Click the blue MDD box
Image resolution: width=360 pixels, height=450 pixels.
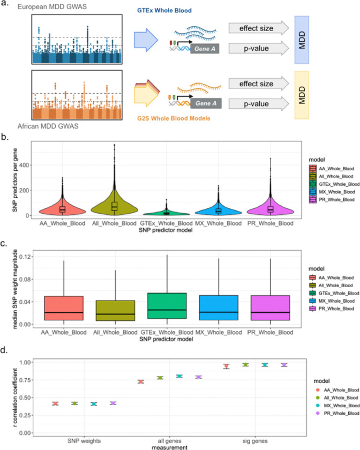click(302, 40)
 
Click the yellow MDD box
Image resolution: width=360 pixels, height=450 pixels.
click(302, 95)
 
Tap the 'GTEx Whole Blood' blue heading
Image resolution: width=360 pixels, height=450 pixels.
click(164, 11)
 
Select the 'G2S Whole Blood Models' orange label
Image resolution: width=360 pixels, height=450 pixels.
click(174, 118)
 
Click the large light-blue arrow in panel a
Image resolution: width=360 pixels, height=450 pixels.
click(146, 40)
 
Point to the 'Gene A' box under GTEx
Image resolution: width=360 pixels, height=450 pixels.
click(205, 49)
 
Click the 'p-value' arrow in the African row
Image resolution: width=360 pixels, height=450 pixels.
click(259, 103)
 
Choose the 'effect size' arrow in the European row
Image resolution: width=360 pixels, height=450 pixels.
click(259, 28)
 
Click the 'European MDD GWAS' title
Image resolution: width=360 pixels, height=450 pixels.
click(52, 6)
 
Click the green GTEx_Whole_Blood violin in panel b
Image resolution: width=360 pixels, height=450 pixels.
click(166, 213)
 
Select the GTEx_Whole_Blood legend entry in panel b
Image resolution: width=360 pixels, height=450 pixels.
click(334, 184)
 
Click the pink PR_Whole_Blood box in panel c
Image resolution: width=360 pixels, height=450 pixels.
click(270, 307)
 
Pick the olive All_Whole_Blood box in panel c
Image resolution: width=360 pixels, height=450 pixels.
click(115, 311)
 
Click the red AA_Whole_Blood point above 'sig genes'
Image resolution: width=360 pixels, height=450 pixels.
click(227, 366)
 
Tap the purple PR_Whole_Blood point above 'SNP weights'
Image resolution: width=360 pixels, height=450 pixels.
click(113, 403)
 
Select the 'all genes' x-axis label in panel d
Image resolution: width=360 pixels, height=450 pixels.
click(169, 441)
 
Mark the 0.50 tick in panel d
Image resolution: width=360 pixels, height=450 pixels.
click(25, 397)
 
